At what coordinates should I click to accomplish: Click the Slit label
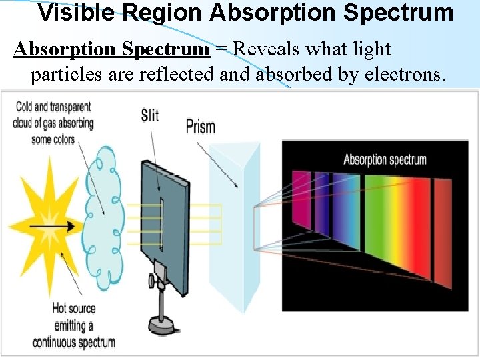(150, 115)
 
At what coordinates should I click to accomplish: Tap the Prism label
(200, 125)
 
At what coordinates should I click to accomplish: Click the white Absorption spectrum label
(385, 160)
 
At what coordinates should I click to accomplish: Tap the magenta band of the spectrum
(301, 200)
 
